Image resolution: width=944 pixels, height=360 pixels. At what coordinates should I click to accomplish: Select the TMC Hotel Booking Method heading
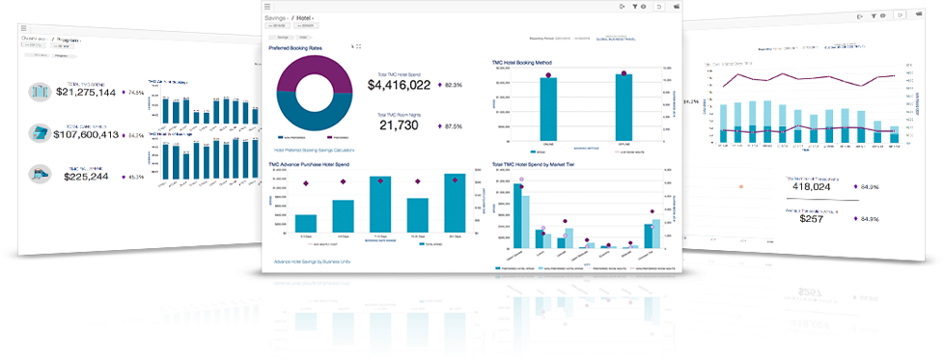pyautogui.click(x=521, y=62)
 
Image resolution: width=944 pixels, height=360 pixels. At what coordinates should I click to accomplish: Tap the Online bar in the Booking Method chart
pyautogui.click(x=548, y=111)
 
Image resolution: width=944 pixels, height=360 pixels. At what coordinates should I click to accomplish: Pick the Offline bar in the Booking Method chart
pyautogui.click(x=624, y=109)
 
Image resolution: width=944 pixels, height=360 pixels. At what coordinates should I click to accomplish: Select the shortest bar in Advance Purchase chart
pyautogui.click(x=307, y=223)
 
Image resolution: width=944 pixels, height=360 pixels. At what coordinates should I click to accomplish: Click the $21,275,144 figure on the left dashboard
pyautogui.click(x=86, y=93)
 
